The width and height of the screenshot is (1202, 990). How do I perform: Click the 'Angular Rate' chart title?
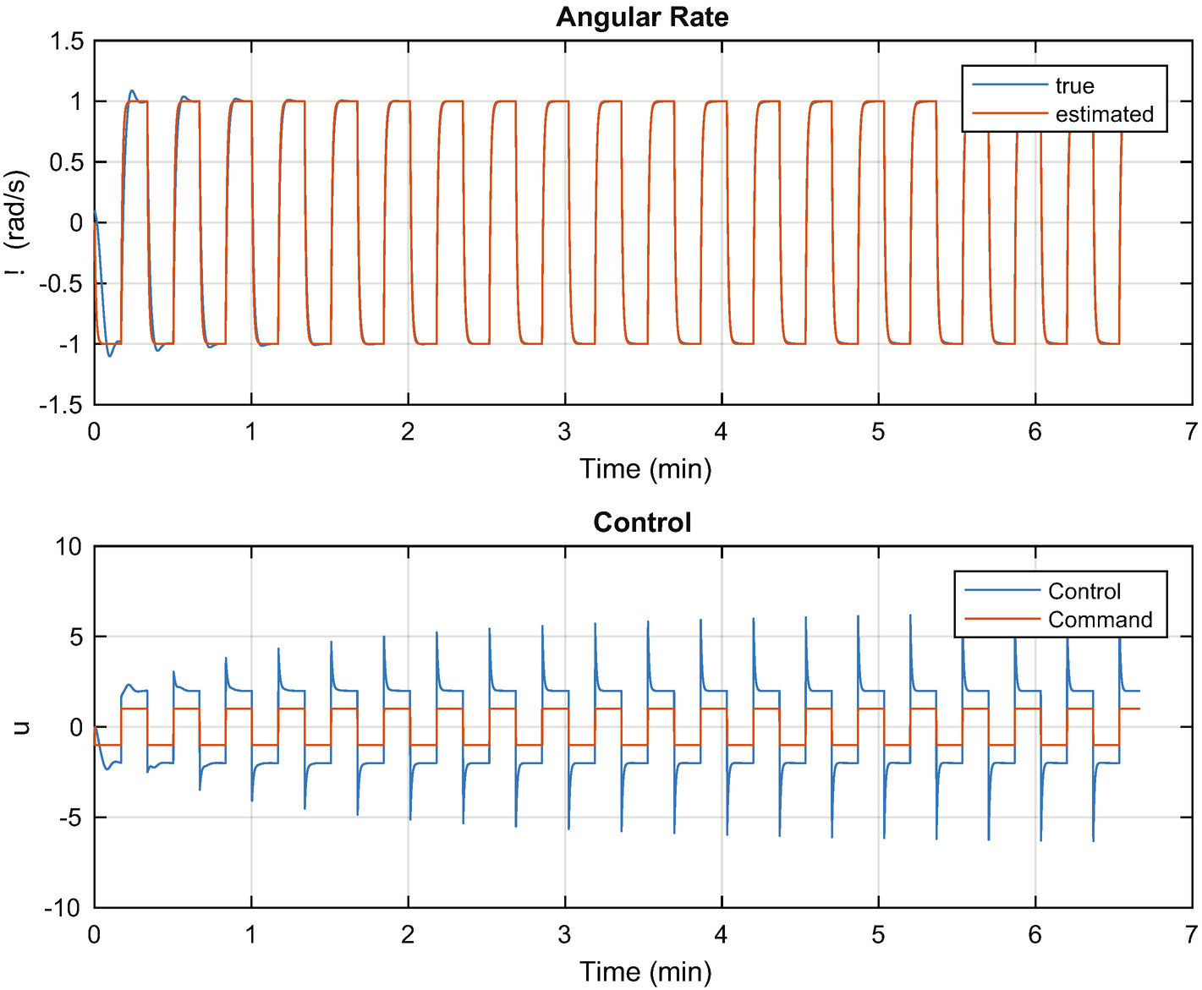pos(642,18)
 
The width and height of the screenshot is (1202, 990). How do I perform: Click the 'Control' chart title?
pos(642,522)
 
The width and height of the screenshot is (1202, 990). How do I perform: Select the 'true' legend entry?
pos(1074,86)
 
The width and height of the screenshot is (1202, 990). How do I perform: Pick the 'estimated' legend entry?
pos(1104,114)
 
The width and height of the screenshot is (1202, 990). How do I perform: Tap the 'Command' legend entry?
pos(1100,620)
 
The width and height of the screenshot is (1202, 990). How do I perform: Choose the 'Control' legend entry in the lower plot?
pos(1084,591)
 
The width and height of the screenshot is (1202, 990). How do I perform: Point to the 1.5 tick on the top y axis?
pos(67,41)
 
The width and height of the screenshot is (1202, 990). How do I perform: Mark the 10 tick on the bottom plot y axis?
pos(69,547)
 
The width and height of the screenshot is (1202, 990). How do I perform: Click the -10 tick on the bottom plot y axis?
pos(63,909)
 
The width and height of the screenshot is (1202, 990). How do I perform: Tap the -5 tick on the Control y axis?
pos(69,818)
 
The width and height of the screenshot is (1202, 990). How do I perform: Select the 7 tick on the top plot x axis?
pos(1191,432)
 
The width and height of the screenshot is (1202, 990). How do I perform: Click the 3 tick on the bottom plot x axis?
pos(564,935)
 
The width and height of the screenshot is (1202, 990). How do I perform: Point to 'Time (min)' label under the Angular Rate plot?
pos(645,468)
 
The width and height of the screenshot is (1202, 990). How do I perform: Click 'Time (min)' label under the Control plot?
pos(645,971)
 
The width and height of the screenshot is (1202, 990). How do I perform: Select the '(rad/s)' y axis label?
pos(18,209)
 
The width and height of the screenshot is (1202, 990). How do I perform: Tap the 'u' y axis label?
pos(20,727)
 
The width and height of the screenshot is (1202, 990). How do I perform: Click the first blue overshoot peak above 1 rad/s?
pos(131,90)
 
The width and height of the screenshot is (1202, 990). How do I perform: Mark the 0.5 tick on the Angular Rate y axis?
pos(67,162)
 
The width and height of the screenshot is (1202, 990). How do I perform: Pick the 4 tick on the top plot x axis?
pos(721,432)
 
